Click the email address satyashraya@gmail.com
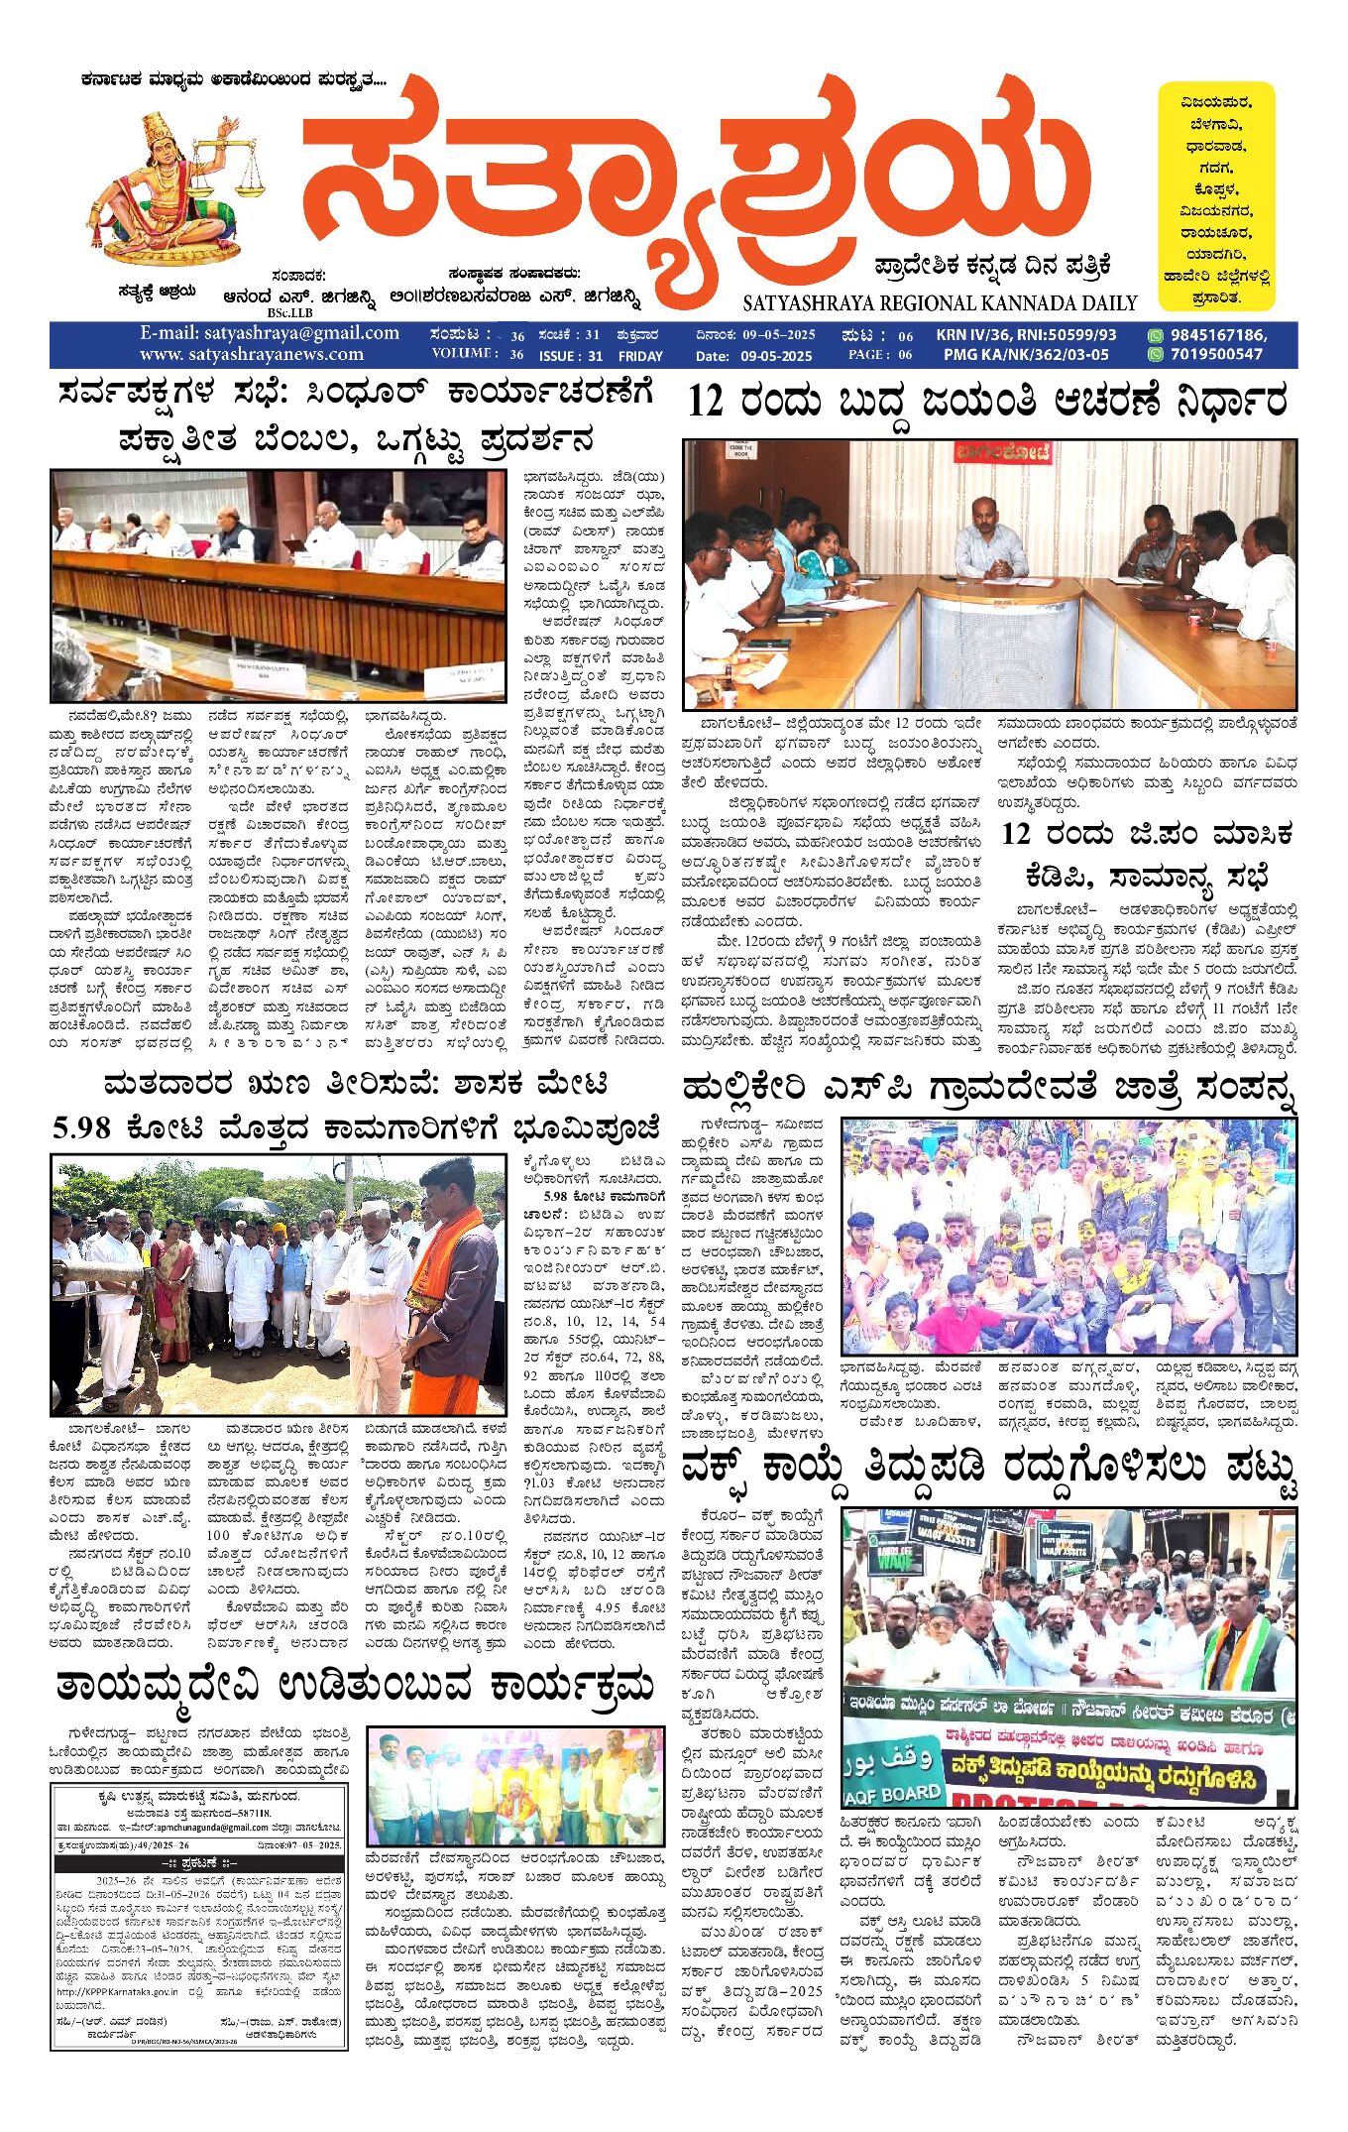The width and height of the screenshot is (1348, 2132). pos(270,334)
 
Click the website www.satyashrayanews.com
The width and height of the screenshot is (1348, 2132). pos(252,355)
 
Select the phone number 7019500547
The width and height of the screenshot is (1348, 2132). pos(1216,355)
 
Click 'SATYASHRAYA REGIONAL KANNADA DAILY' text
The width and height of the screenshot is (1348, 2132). pos(940,303)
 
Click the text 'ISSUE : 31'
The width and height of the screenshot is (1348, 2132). pos(571,356)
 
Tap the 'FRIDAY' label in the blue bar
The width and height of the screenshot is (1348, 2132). pos(640,356)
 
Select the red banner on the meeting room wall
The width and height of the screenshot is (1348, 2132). pos(1002,453)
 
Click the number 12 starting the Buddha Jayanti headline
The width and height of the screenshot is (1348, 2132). pos(706,402)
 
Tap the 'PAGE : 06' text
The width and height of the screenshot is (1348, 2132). pos(879,355)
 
